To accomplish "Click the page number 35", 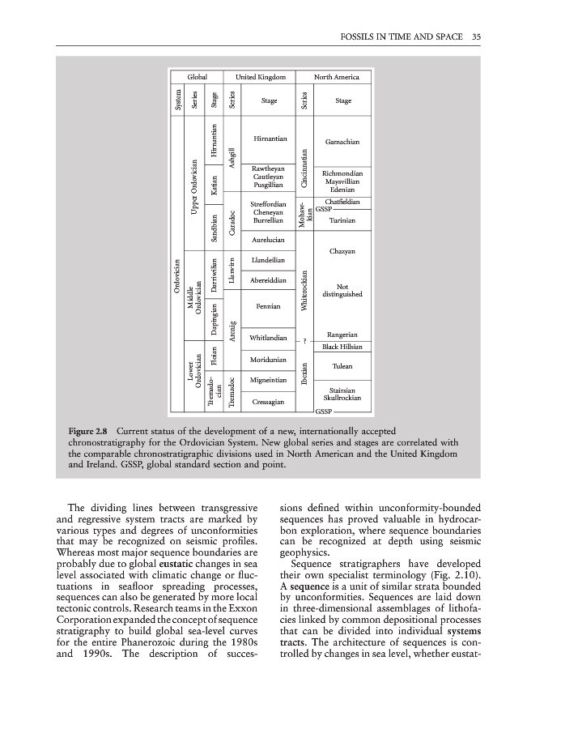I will coord(477,36).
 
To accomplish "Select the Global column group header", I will coord(198,76).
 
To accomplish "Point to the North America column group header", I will coord(336,76).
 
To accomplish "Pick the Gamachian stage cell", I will coord(342,141).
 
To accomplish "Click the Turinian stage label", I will coord(342,220).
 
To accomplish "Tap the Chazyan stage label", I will coord(342,251).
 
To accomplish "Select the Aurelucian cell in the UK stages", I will coord(269,241).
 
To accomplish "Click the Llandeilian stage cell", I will coord(269,260).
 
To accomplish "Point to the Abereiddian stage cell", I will coord(269,280).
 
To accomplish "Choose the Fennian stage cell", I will coord(269,306).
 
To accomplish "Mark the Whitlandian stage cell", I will coord(269,337).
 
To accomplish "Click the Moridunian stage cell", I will coord(269,358).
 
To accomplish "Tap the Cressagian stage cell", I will coord(269,401).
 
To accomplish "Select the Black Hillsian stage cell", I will coord(342,347).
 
